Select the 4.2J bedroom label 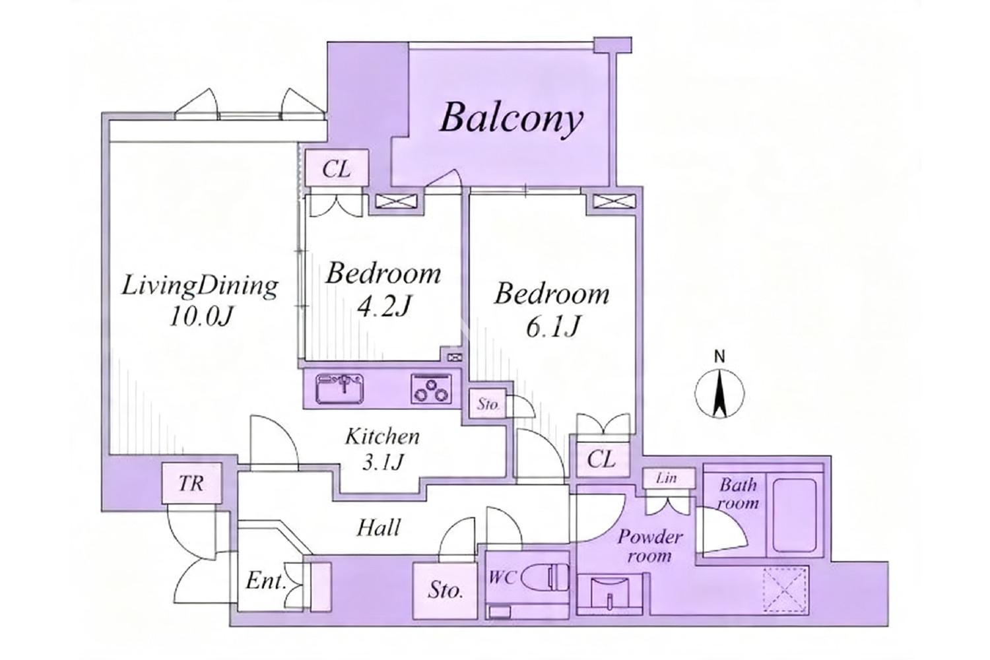point(383,290)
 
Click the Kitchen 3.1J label point(382,449)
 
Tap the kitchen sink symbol point(339,389)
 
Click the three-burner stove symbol point(432,389)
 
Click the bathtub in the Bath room point(795,515)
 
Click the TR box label point(191,483)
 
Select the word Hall point(379,527)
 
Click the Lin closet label point(667,478)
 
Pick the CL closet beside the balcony point(337,168)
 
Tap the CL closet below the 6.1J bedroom point(601,460)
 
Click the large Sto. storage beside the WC point(445,590)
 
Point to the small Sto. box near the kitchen point(488,404)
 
